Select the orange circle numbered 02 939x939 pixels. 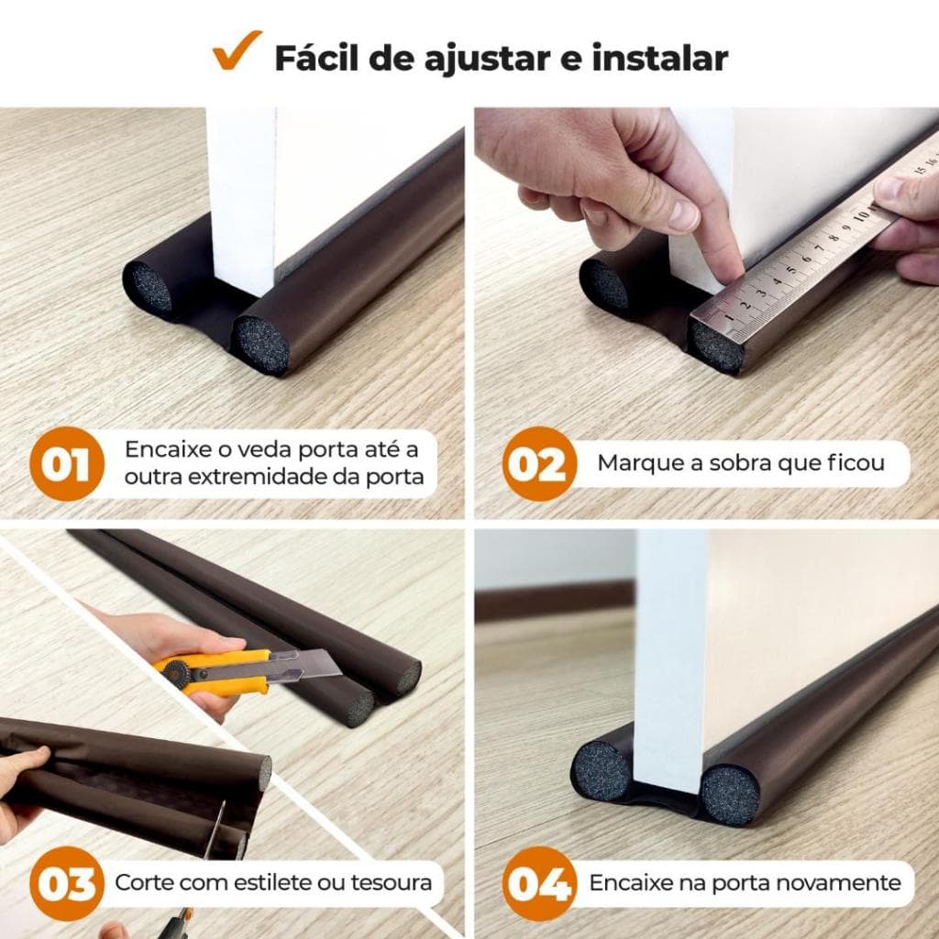pyautogui.click(x=538, y=464)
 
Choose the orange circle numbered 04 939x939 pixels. pyautogui.click(x=538, y=884)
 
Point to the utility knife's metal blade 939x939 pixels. pyautogui.click(x=307, y=663)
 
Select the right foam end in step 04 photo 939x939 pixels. pyautogui.click(x=730, y=794)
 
